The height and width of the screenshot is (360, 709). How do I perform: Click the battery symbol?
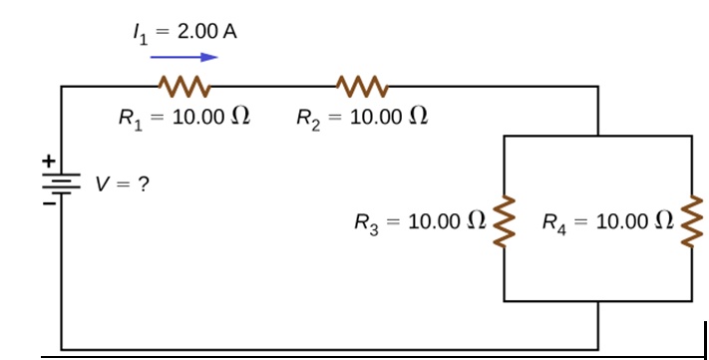[62, 181]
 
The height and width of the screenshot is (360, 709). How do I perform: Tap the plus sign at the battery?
[45, 159]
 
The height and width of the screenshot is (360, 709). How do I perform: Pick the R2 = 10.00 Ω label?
[363, 118]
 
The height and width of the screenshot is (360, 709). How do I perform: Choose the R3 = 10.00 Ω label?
[421, 219]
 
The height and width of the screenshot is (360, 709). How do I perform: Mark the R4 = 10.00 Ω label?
[606, 219]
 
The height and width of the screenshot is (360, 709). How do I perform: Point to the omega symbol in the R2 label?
[420, 118]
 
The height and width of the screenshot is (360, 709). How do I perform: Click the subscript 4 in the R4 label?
[561, 224]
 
